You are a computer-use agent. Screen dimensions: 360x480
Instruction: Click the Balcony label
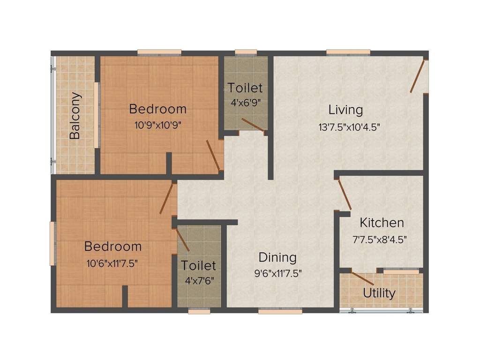75,116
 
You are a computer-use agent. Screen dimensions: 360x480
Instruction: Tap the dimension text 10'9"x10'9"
157,125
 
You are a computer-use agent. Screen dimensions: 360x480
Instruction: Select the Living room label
345,110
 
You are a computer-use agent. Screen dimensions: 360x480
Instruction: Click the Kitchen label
382,222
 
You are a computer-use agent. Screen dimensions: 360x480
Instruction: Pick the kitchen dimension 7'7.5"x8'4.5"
380,239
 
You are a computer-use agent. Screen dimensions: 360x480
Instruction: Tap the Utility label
379,293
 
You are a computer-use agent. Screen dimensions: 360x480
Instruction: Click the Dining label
277,257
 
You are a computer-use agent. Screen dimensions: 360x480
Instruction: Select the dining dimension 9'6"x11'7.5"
278,274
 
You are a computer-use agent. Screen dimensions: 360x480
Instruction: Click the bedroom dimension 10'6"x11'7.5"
112,263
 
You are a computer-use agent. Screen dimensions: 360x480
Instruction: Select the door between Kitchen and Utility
363,278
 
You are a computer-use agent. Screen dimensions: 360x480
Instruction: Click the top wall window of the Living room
348,52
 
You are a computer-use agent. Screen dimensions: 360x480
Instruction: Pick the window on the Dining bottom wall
280,311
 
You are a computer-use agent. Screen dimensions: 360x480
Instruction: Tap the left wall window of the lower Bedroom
53,244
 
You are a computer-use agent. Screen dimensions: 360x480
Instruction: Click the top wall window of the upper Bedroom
159,52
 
